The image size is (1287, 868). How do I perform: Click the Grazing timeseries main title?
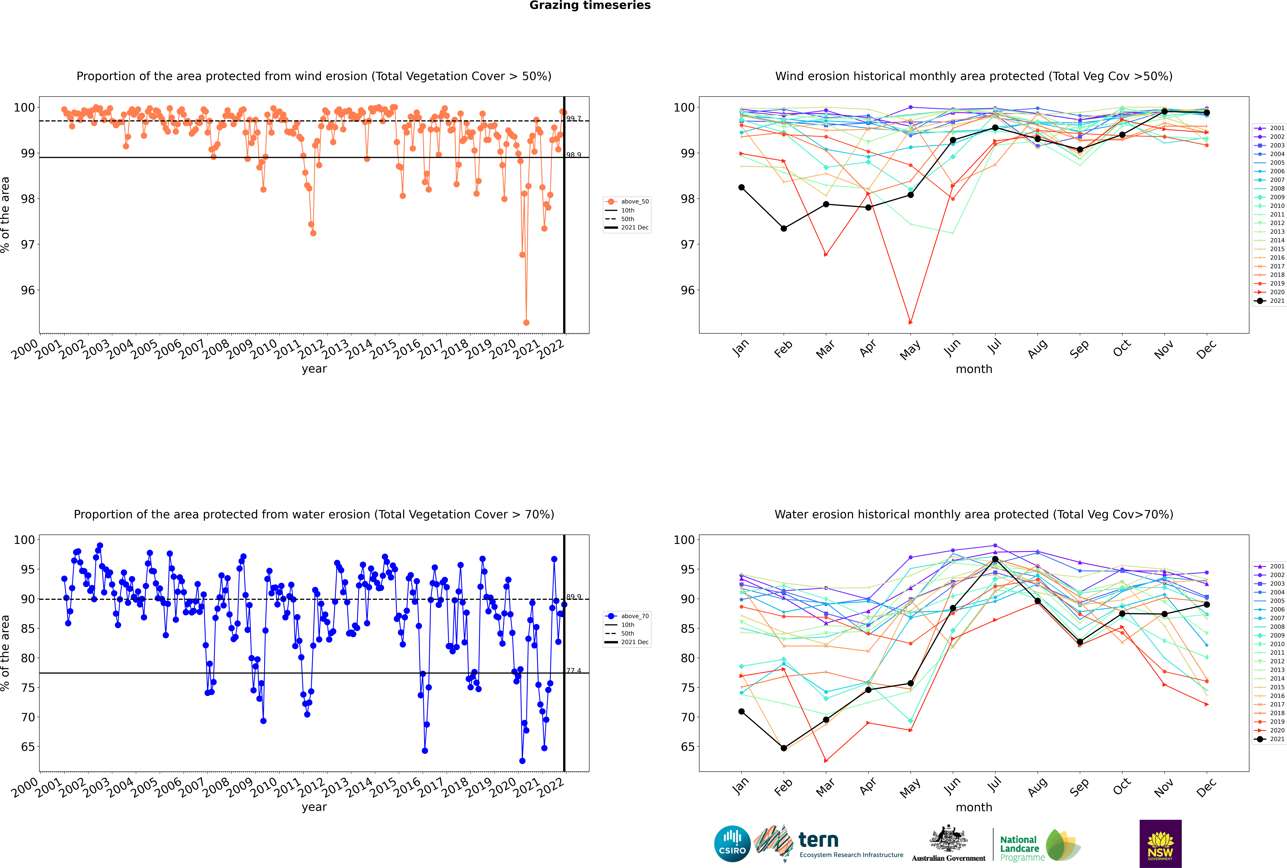click(590, 5)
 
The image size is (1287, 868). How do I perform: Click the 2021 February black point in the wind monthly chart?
click(783, 229)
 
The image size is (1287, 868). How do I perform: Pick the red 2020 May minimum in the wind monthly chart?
click(910, 322)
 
